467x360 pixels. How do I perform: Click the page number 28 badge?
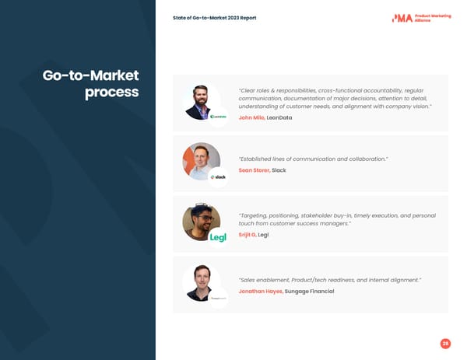(x=445, y=343)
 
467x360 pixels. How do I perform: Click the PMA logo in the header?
(x=402, y=17)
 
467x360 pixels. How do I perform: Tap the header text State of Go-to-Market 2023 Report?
(x=214, y=18)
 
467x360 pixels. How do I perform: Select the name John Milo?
(x=251, y=117)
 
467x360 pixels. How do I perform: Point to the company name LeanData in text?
(x=279, y=117)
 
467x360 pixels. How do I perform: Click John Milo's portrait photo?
(x=201, y=100)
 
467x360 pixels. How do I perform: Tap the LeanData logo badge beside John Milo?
(x=218, y=117)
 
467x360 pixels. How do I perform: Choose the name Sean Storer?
(x=254, y=170)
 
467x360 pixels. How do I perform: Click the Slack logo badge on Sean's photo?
(x=218, y=177)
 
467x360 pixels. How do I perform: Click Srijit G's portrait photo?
(x=201, y=221)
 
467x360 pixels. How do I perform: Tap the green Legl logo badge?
(x=218, y=237)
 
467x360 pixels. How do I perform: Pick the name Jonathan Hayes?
(x=261, y=291)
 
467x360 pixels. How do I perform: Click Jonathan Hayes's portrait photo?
(x=201, y=281)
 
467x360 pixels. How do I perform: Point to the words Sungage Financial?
(x=310, y=291)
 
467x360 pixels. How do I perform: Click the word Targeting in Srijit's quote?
(x=256, y=215)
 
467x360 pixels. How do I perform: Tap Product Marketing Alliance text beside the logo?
(x=433, y=18)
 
